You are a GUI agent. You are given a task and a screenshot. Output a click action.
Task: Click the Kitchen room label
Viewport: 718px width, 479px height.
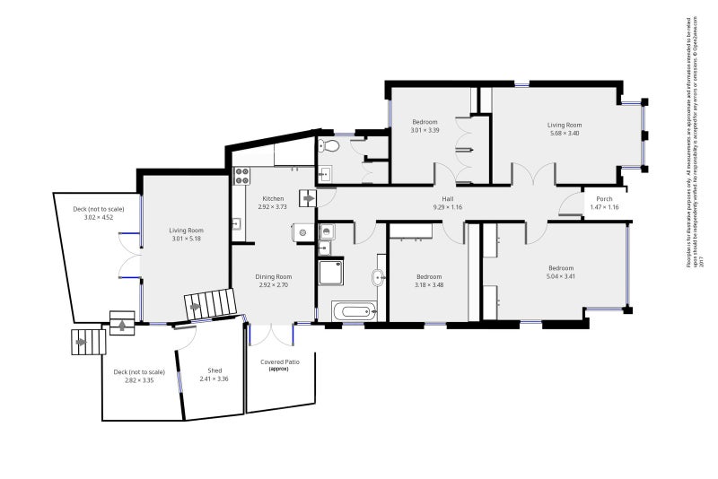click(x=273, y=198)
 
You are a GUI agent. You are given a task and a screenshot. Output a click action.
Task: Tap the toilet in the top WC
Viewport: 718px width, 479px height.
click(x=329, y=145)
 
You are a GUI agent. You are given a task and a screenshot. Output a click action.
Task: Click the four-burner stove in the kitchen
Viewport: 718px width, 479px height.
click(x=240, y=175)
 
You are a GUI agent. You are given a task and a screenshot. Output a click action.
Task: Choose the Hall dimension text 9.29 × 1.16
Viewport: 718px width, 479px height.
click(x=446, y=207)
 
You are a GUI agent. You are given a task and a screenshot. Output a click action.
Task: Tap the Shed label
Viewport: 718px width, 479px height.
click(x=215, y=370)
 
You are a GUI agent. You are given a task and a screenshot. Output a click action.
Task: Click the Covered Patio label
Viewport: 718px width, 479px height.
click(x=280, y=361)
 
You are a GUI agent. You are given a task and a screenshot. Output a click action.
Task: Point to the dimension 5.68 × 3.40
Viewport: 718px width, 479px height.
click(x=565, y=133)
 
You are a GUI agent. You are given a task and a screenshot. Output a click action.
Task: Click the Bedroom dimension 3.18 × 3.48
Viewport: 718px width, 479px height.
click(x=428, y=285)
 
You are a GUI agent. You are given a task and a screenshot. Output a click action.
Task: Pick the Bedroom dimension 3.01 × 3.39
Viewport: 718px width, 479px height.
click(x=425, y=130)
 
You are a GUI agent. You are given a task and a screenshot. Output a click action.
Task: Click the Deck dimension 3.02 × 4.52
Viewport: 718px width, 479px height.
click(x=98, y=217)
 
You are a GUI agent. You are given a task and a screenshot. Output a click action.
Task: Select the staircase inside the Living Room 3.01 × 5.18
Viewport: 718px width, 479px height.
click(x=206, y=305)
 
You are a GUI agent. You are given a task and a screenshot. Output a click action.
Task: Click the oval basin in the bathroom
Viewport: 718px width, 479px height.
click(x=381, y=277)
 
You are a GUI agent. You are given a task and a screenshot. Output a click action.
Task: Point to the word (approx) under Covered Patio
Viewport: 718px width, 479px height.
click(x=280, y=369)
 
